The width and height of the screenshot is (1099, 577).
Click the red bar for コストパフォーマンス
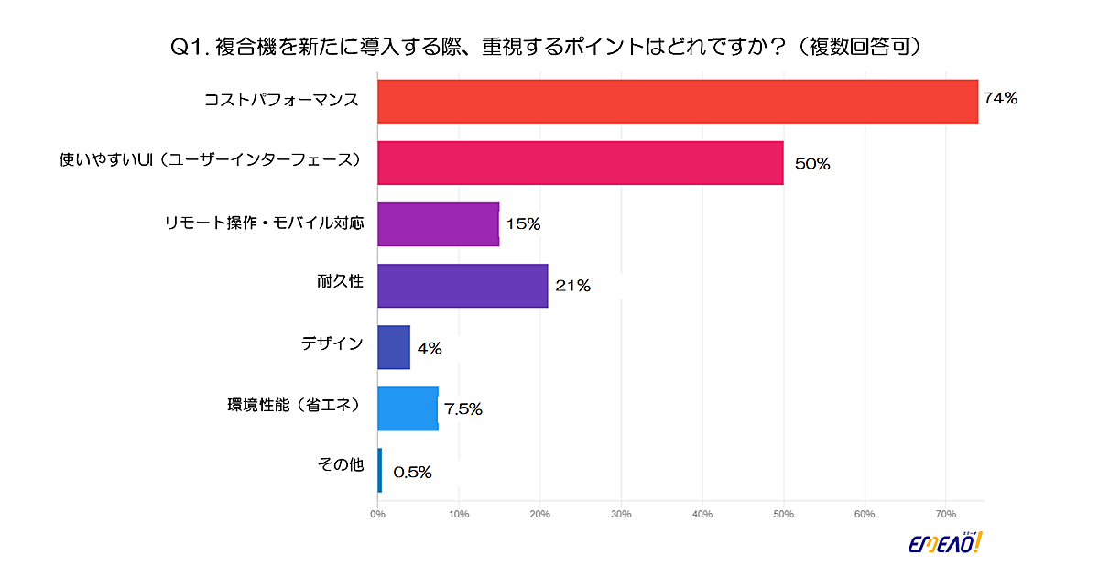(x=678, y=101)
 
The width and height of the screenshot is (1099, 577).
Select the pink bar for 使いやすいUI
(x=580, y=162)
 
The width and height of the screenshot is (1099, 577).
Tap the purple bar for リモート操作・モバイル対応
(x=438, y=224)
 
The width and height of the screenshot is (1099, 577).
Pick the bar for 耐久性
(x=462, y=286)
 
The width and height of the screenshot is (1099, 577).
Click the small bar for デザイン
(x=394, y=347)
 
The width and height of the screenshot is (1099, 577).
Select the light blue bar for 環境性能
(x=408, y=408)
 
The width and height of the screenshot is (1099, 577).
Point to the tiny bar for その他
(x=380, y=470)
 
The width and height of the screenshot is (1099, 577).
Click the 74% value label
(x=1000, y=99)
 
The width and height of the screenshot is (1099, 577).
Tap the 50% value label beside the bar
(x=811, y=165)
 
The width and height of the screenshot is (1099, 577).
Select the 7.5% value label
(x=463, y=409)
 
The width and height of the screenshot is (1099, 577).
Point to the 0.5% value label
(x=412, y=473)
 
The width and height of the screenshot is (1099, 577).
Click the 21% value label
(x=572, y=287)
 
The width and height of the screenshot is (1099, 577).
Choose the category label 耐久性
(x=346, y=281)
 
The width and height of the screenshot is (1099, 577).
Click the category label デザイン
(x=332, y=343)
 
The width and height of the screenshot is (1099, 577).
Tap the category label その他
(x=341, y=465)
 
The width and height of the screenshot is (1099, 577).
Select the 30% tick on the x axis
(x=621, y=514)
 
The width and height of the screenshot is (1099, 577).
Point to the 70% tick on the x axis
(x=945, y=514)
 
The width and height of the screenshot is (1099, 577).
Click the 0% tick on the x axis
(x=377, y=514)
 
